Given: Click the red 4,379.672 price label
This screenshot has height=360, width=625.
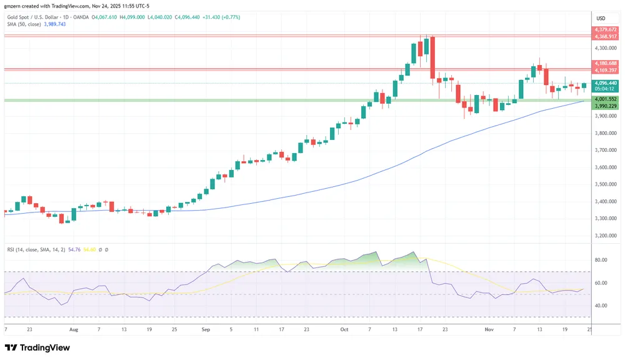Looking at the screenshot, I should (x=606, y=29).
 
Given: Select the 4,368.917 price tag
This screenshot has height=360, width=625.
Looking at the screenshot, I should (x=606, y=36).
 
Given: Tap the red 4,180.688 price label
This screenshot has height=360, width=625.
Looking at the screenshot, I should (x=606, y=63).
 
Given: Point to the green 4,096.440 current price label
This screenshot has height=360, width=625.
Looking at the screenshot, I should (x=606, y=83).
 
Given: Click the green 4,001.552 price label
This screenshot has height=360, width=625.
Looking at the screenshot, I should (x=606, y=99).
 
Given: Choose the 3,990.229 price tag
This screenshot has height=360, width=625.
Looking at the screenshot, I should (x=606, y=106).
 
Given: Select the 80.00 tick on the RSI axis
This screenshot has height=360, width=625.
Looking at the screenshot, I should (x=601, y=260).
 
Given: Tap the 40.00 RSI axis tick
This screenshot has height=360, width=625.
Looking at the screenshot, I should (x=601, y=306).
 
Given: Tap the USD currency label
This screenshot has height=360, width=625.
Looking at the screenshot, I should (x=601, y=18).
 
